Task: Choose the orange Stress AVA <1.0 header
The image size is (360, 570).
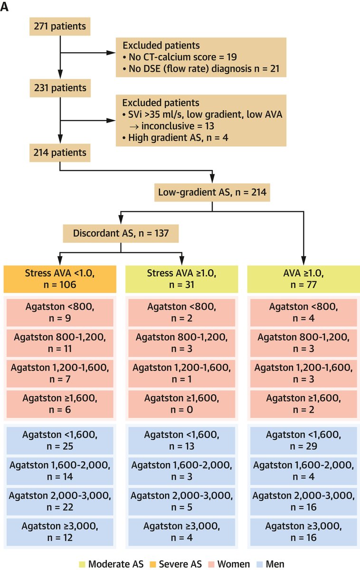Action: [x=60, y=278]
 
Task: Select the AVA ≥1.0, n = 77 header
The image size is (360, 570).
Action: [x=303, y=278]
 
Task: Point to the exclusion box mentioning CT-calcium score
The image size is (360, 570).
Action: [x=201, y=57]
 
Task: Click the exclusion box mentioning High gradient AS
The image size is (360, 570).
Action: [x=201, y=120]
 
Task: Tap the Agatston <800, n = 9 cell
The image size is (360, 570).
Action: [x=60, y=312]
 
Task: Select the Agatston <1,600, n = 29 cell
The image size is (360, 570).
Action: [x=303, y=440]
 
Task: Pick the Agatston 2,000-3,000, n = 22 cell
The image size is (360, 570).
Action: [x=60, y=501]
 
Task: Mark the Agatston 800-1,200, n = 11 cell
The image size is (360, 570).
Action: [x=60, y=342]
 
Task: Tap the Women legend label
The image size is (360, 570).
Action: [x=232, y=564]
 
